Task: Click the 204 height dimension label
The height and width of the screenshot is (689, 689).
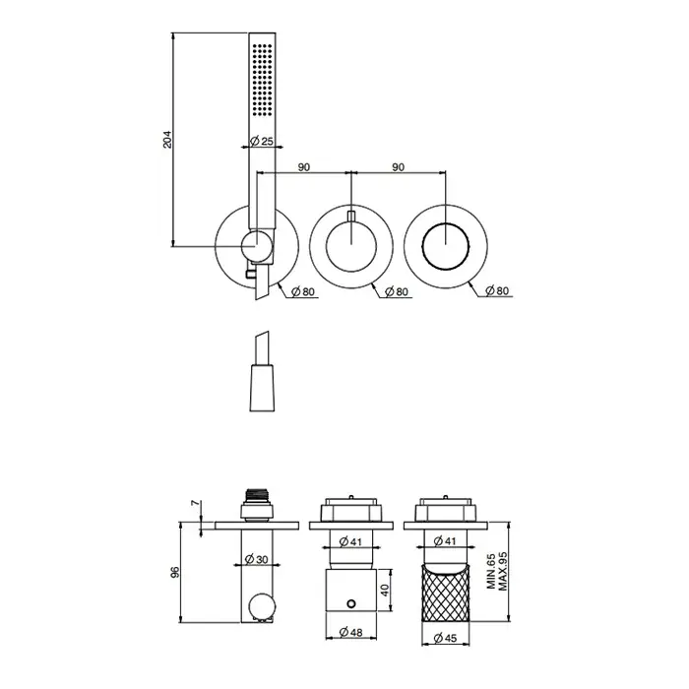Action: pyautogui.click(x=167, y=139)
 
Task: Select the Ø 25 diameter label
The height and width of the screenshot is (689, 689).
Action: pyautogui.click(x=262, y=141)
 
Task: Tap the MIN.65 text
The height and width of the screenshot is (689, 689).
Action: pyautogui.click(x=491, y=571)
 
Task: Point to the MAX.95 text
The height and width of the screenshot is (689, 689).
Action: pyautogui.click(x=503, y=571)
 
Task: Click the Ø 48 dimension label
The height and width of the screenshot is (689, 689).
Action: pyautogui.click(x=351, y=632)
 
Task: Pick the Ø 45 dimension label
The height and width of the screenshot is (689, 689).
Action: pyautogui.click(x=445, y=638)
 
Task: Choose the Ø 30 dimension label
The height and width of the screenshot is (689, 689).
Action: pyautogui.click(x=256, y=559)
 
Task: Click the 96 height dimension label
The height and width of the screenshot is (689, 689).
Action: pyautogui.click(x=175, y=572)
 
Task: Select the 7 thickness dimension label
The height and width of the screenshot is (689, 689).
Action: pyautogui.click(x=196, y=503)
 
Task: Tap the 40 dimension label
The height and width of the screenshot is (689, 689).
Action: pyautogui.click(x=386, y=590)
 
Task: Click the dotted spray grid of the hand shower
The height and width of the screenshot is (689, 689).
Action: pyautogui.click(x=262, y=80)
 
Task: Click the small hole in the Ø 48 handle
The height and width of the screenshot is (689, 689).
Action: pyautogui.click(x=350, y=603)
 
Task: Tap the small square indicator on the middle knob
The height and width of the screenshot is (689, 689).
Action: pyautogui.click(x=350, y=216)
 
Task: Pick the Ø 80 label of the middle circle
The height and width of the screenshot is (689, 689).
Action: pyautogui.click(x=396, y=291)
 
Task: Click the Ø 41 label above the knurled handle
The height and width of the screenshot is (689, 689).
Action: pyautogui.click(x=445, y=541)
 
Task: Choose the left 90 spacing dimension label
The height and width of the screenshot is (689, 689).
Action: pyautogui.click(x=303, y=167)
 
